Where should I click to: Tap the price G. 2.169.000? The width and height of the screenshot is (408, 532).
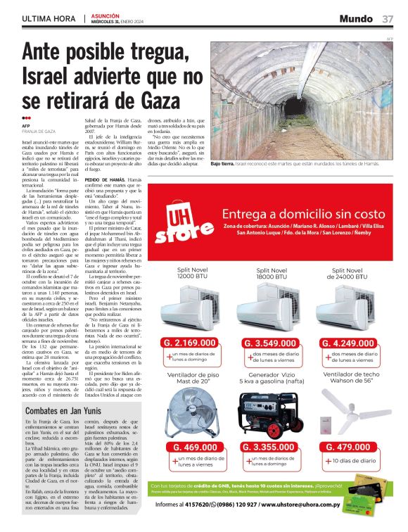(193, 323)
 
